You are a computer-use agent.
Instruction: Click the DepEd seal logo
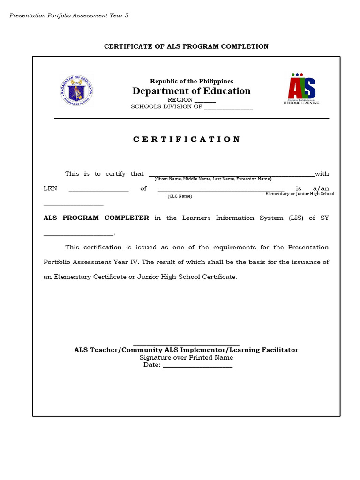77,90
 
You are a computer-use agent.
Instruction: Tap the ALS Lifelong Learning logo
301,89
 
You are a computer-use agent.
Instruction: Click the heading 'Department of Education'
191,91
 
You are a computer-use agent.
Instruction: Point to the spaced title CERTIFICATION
187,139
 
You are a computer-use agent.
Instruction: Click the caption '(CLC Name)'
180,196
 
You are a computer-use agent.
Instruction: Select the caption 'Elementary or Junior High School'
300,194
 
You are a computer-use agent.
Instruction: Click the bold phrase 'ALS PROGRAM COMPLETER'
96,217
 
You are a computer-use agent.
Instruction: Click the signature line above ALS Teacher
186,344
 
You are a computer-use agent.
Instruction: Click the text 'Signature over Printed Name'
186,357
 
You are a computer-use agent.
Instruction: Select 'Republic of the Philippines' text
191,82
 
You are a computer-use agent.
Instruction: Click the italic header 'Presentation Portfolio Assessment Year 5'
69,15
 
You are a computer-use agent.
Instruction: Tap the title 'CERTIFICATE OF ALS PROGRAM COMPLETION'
186,46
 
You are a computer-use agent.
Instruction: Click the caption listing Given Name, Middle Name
213,179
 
